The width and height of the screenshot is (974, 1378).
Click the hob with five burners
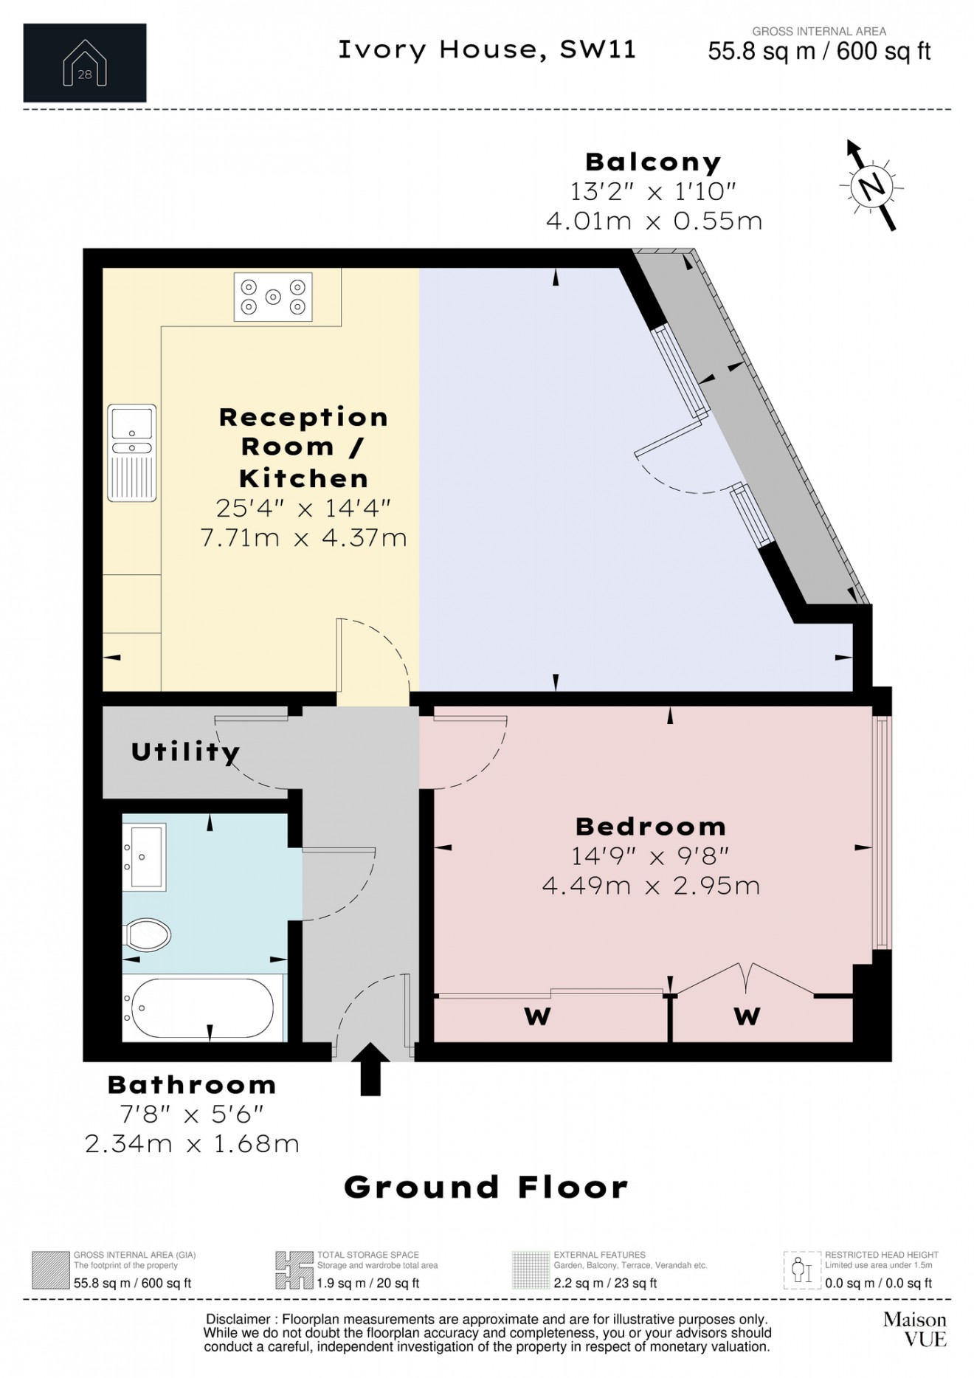pos(273,297)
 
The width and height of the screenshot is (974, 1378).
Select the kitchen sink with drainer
pos(132,452)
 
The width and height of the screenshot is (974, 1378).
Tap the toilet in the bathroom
pos(147,935)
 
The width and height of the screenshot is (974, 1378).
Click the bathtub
pos(204,1008)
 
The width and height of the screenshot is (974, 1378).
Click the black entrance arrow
pos(370,1068)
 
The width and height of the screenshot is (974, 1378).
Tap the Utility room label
pos(185,752)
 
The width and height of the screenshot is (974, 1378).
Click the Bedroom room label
pos(650,826)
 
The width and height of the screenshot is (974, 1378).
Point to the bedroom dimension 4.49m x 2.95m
pos(650,885)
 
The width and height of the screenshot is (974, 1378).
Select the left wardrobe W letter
pos(537,1017)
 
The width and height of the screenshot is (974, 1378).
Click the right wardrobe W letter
pos(747,1017)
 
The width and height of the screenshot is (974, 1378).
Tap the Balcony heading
pos(653,162)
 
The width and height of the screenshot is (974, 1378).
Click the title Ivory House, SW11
pos(487,49)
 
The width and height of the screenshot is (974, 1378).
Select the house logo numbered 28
pos(85,63)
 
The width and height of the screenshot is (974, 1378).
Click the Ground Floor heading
pos(486,1188)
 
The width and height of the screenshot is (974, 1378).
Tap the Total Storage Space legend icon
pos(294,1270)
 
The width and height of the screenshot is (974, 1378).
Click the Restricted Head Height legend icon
pos(801,1270)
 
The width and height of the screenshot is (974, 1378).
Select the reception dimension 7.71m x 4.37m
pos(303,537)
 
